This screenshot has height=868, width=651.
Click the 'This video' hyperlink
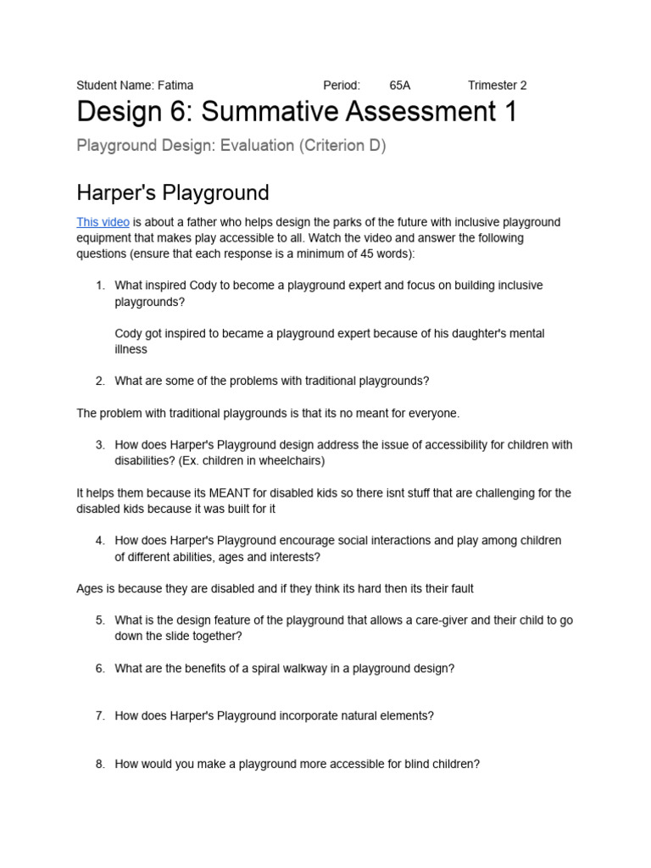103,222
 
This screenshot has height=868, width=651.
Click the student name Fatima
175,85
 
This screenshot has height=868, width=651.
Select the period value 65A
400,85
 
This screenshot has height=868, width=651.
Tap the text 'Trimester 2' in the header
497,85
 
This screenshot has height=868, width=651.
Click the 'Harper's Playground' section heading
173,192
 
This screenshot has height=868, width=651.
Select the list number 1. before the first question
100,286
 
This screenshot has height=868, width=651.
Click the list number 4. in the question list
100,541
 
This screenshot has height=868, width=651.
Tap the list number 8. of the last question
100,764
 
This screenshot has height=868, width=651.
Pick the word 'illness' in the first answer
131,349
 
